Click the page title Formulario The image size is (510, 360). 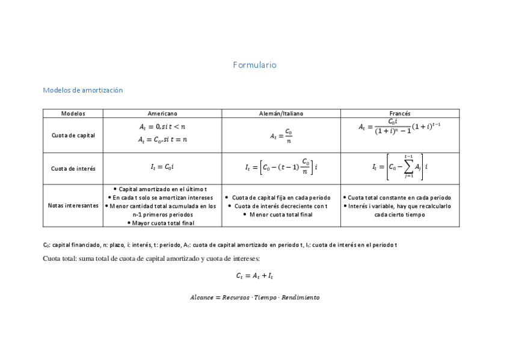(254, 65)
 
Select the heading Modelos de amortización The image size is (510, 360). (83, 90)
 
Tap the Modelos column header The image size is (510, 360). (73, 113)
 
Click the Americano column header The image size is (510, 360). (162, 113)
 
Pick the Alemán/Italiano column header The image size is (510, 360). (281, 113)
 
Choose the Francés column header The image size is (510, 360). (400, 113)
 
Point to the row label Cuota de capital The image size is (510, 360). (73, 135)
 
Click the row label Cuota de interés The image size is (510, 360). (73, 168)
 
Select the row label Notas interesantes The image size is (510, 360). (73, 206)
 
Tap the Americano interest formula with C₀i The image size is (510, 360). (162, 168)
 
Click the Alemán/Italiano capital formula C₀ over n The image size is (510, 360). (281, 135)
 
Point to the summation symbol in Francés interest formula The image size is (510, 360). (409, 167)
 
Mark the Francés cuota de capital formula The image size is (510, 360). (400, 128)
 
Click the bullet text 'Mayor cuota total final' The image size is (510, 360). (164, 222)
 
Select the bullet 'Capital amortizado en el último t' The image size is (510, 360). (162, 189)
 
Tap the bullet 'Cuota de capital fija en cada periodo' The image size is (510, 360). (281, 197)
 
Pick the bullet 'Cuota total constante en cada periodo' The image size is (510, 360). (399, 197)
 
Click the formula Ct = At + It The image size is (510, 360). (254, 276)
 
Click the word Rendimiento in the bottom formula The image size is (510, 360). (300, 297)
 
